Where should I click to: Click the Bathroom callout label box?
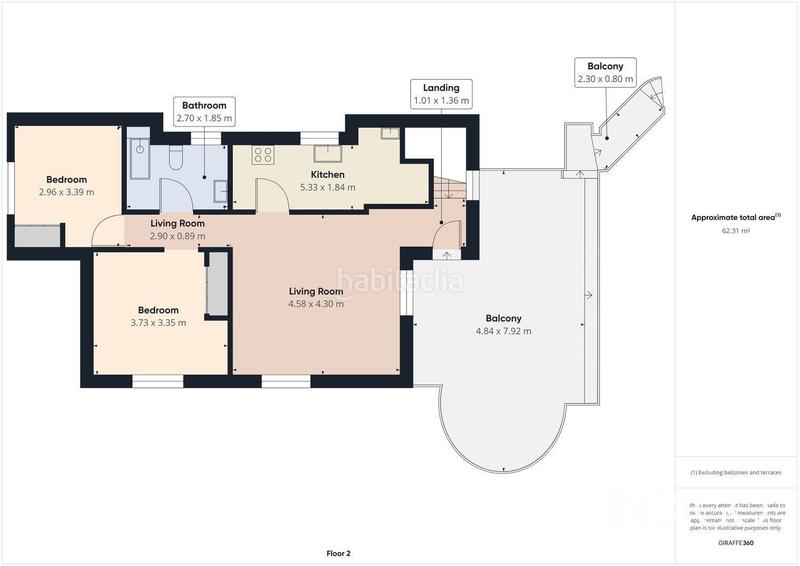(x=204, y=111)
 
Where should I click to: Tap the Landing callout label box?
(x=441, y=94)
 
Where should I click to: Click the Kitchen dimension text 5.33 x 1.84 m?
(x=327, y=187)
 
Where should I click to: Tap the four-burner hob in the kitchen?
(x=263, y=154)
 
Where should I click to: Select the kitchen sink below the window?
(x=327, y=153)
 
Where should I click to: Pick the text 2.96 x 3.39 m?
(x=66, y=192)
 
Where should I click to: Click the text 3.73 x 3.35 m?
(x=158, y=322)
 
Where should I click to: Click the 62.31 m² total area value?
(x=736, y=230)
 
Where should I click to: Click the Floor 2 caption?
(x=339, y=552)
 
